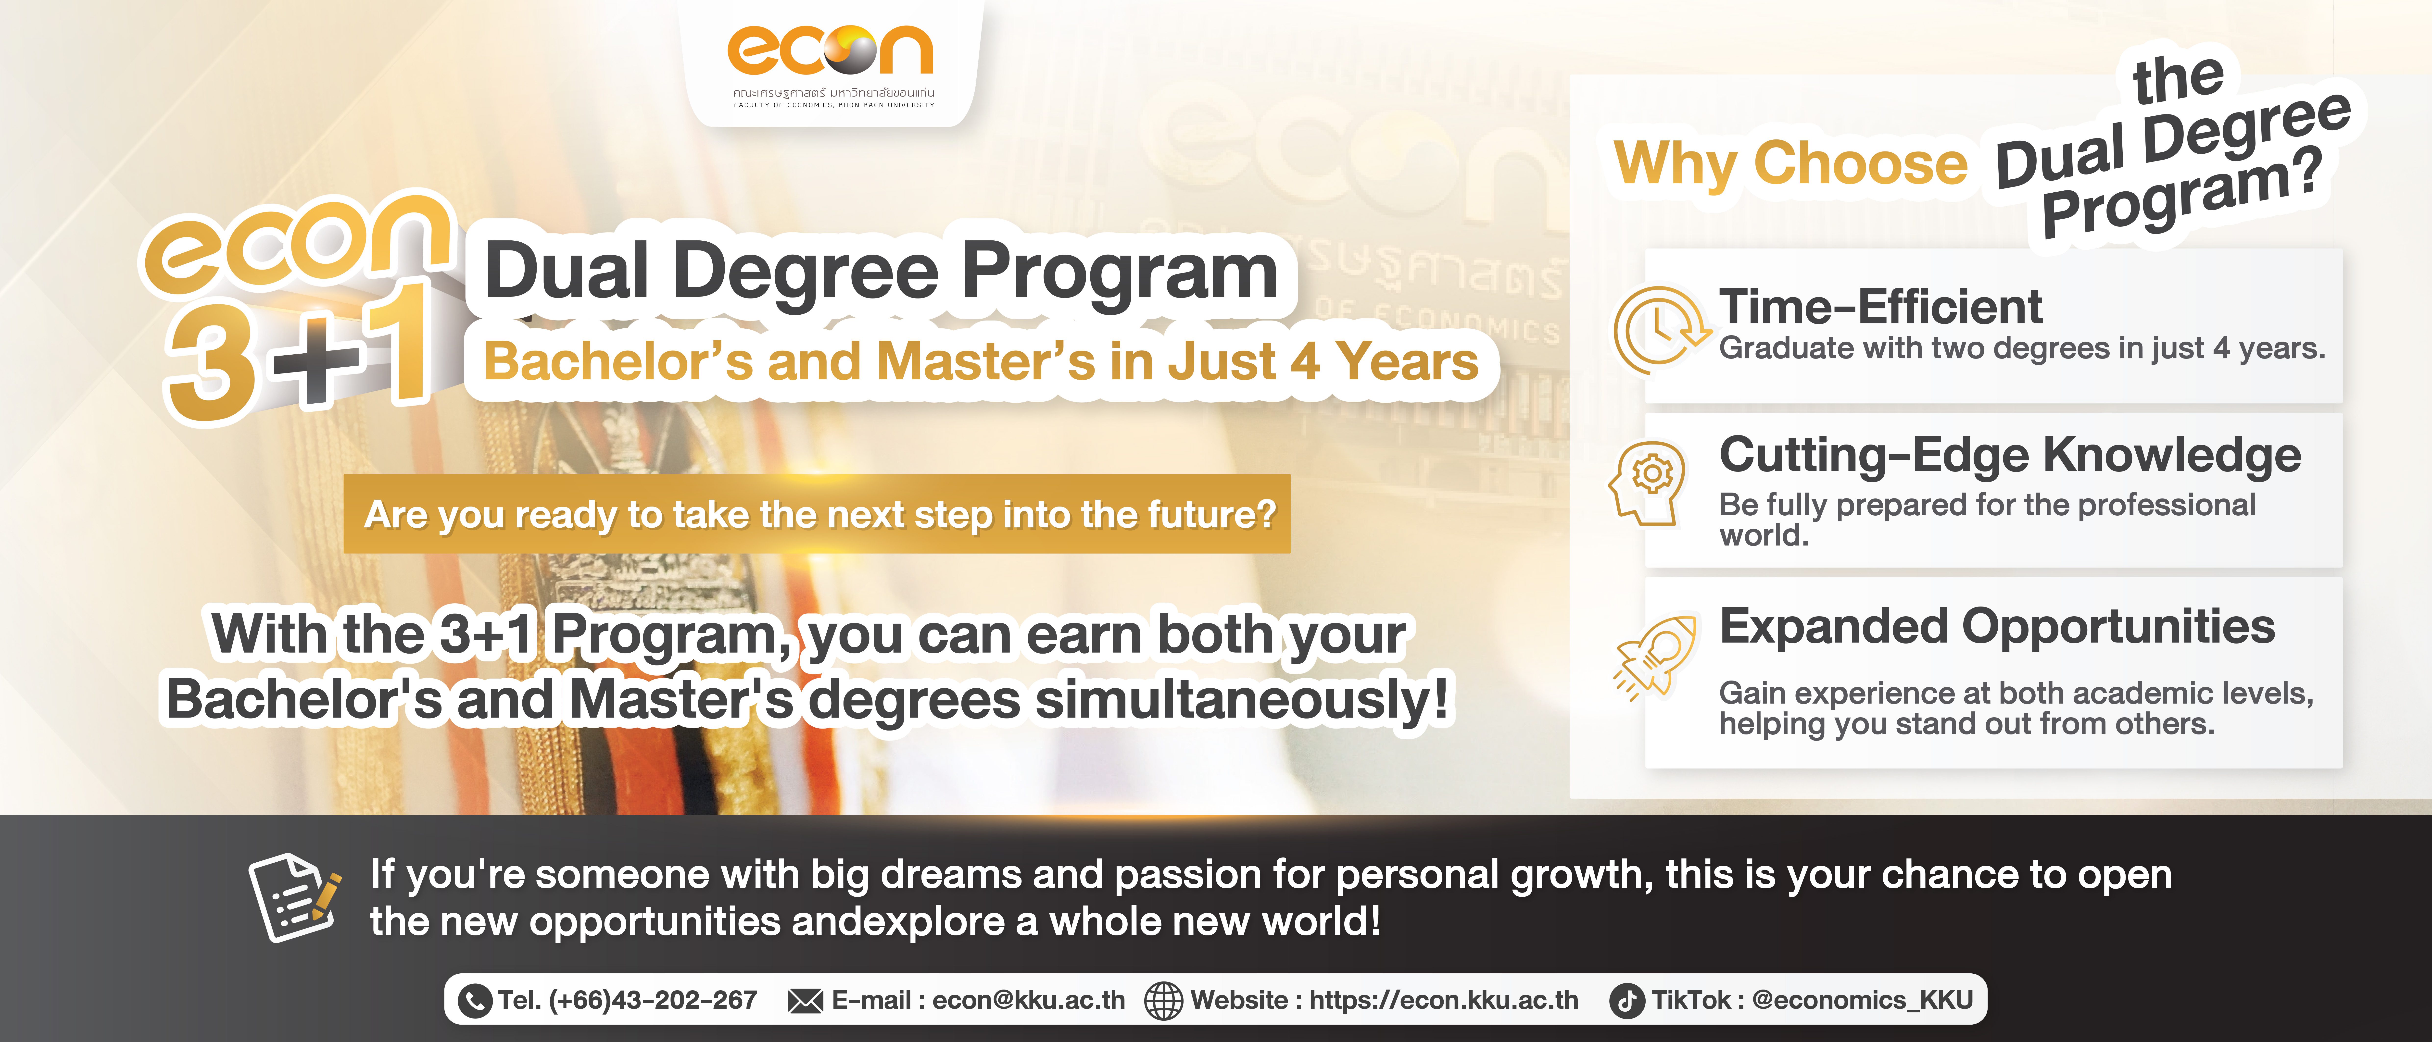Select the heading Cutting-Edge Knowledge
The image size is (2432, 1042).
(x=2010, y=456)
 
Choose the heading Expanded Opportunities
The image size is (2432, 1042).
(x=1997, y=627)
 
